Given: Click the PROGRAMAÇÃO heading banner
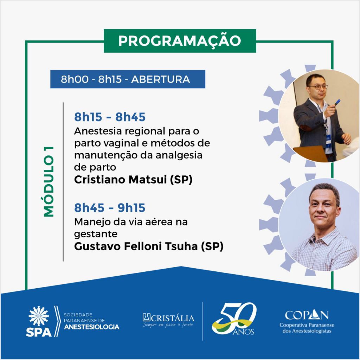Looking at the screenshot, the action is pos(180,41).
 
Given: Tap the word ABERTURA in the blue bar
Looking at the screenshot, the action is pos(160,79).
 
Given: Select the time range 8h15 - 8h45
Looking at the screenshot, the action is pos(110,117).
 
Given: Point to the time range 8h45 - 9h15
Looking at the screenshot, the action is pos(110,208).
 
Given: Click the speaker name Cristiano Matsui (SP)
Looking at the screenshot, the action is pos(133,180).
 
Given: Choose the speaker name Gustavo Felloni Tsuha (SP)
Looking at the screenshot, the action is pos(149,246).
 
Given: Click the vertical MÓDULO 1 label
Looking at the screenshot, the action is pos(49,181).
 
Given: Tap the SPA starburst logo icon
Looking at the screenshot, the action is pos(39,316).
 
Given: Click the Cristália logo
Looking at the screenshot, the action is pos(168,320).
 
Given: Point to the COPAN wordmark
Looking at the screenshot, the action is pos(307,315).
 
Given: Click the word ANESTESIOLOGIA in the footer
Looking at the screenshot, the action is pos(92,327).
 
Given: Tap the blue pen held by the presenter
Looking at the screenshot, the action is pos(337,102).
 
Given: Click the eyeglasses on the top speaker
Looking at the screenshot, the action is pos(318,87).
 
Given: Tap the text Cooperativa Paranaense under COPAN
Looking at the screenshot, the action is pos(307,325).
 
